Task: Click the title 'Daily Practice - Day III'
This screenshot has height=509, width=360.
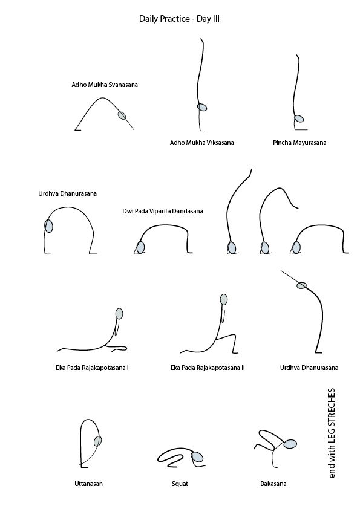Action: (179, 19)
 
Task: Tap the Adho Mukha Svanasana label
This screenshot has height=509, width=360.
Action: (105, 85)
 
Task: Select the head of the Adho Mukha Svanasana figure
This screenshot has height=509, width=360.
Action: (122, 115)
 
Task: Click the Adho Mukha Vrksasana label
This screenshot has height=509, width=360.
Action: (201, 143)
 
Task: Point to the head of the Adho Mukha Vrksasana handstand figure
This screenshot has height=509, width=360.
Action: (201, 107)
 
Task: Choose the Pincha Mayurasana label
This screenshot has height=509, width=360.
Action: (299, 143)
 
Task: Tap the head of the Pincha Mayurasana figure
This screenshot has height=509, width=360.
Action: (299, 118)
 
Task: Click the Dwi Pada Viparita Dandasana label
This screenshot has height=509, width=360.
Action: (163, 211)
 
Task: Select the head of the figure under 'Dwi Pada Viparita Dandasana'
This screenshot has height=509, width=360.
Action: (140, 247)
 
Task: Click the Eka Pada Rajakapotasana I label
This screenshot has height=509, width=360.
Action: (93, 368)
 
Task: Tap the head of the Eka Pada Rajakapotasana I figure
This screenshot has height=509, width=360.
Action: (119, 314)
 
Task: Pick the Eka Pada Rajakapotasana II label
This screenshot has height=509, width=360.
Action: (208, 368)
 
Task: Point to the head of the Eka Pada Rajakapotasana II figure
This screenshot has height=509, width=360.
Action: (224, 299)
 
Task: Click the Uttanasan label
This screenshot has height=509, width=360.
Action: (89, 484)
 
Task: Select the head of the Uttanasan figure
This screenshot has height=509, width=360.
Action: (97, 441)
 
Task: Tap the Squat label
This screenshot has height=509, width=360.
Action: (180, 484)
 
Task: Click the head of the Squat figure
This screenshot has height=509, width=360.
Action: (197, 457)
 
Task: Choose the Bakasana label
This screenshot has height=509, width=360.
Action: (273, 484)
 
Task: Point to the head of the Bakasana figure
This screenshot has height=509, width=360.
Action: (290, 444)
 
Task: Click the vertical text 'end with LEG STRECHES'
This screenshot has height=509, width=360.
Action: (331, 433)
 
